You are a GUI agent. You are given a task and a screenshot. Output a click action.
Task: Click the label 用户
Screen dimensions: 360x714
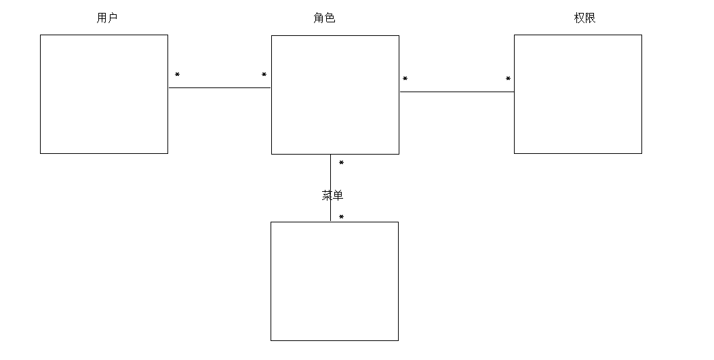[107, 18]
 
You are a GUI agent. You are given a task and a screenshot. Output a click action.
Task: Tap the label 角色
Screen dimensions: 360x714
[324, 18]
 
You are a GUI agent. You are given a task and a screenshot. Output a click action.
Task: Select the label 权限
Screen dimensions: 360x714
[584, 18]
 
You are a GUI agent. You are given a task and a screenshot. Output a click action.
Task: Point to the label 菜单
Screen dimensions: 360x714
[332, 195]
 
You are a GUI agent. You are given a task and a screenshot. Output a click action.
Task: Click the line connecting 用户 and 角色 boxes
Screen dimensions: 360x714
[220, 87]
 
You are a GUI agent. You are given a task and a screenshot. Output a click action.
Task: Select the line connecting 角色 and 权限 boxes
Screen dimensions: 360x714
[456, 92]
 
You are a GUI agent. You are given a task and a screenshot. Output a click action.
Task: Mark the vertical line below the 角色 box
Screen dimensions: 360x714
[330, 176]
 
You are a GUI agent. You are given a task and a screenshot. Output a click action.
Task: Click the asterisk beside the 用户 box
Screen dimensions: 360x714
[177, 75]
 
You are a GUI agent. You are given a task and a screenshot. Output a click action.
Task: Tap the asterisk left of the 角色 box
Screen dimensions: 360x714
[264, 75]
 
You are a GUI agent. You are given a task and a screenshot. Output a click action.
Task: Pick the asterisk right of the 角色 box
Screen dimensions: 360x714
[405, 79]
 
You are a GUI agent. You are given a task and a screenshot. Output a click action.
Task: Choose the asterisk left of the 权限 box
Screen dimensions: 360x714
[508, 79]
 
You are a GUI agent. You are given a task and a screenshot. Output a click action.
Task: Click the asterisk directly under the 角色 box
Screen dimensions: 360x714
[341, 163]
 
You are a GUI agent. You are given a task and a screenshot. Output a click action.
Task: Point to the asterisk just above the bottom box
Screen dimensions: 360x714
[341, 218]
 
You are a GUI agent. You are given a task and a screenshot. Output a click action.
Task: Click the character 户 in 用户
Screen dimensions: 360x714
[113, 18]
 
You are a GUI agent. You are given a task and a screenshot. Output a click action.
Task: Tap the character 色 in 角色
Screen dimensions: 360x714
[330, 18]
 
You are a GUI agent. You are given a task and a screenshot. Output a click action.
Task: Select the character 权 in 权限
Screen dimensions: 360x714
[579, 18]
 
